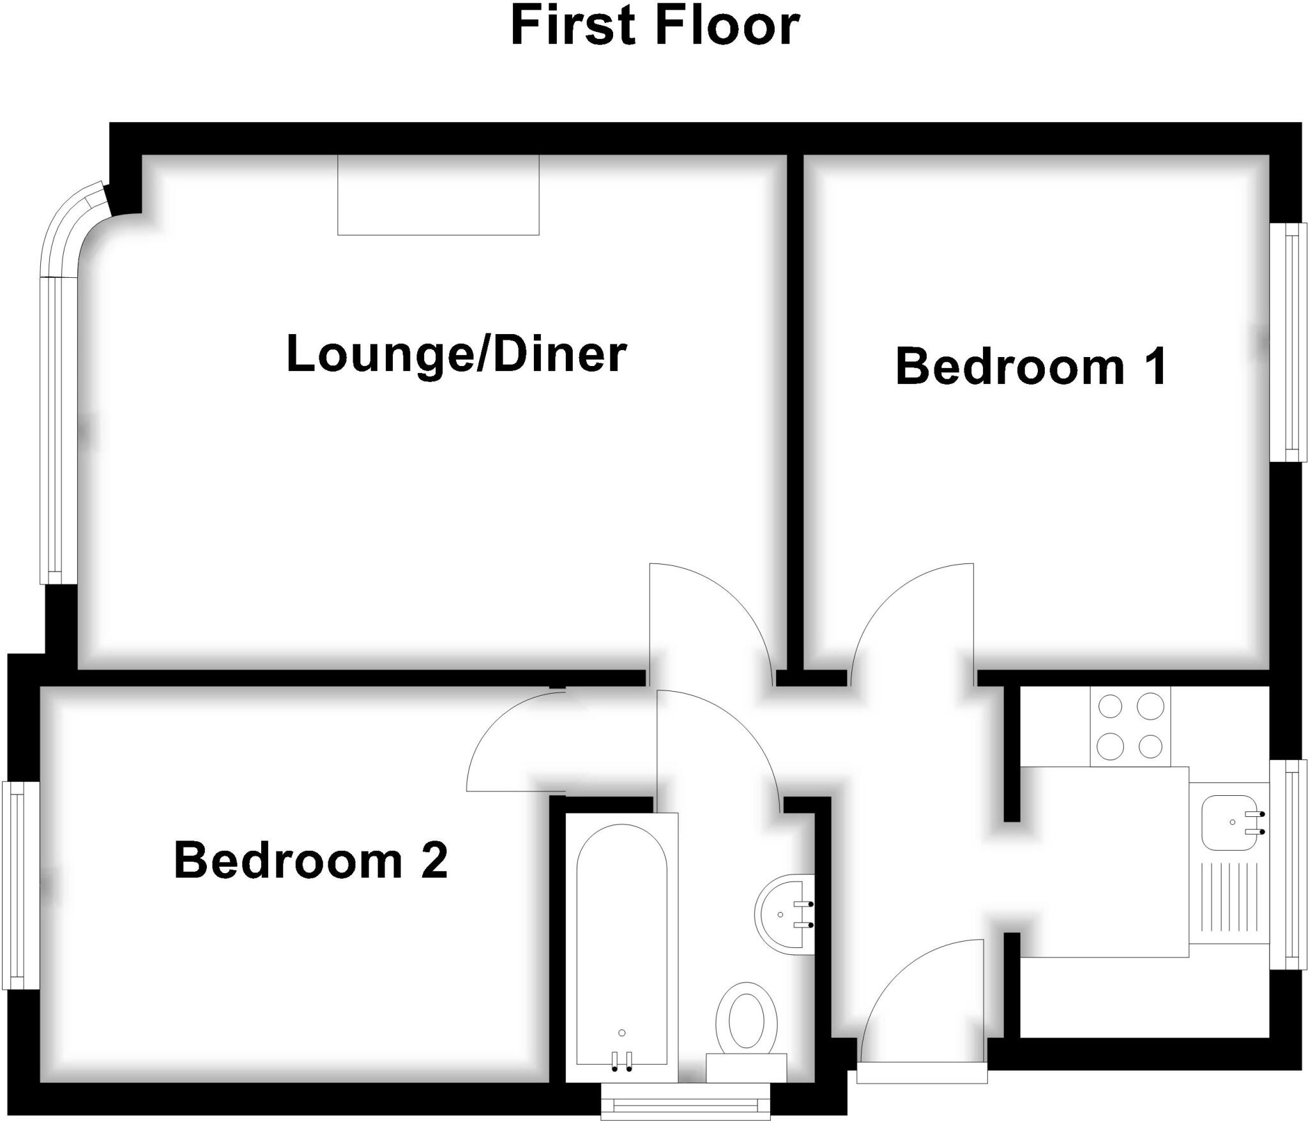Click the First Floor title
[655, 27]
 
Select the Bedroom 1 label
[1031, 367]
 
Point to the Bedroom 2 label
[311, 861]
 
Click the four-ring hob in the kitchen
[1130, 727]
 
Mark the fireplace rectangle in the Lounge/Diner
[438, 195]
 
